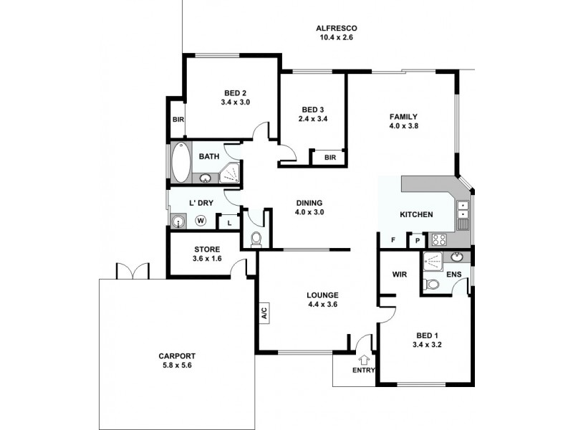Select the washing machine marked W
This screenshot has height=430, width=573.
point(201,221)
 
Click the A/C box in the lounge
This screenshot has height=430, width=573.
point(264,312)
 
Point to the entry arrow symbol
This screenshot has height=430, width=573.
point(364,360)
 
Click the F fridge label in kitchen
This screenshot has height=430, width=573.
point(393,241)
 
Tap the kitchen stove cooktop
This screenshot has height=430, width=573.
point(439,241)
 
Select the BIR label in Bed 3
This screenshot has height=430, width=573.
point(330,158)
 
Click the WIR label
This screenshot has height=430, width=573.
point(400,274)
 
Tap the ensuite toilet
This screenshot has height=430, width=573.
point(433,285)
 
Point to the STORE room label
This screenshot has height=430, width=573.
point(207,249)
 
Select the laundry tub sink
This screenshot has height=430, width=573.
point(178,221)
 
